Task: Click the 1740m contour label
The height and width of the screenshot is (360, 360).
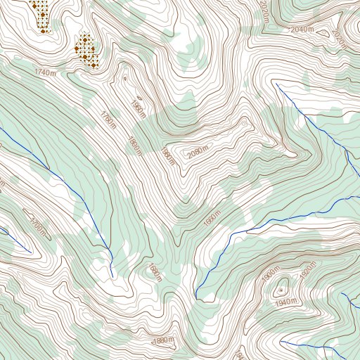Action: pyautogui.click(x=44, y=72)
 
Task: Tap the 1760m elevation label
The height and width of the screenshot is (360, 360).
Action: pyautogui.click(x=108, y=120)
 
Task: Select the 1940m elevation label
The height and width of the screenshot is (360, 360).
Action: pyautogui.click(x=287, y=302)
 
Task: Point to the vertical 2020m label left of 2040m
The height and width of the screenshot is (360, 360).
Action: pyautogui.click(x=264, y=13)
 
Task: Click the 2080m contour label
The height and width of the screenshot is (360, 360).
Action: pyautogui.click(x=199, y=152)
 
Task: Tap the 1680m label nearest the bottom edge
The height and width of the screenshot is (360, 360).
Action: pyautogui.click(x=163, y=341)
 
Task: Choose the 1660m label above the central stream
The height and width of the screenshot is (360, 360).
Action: pyautogui.click(x=212, y=219)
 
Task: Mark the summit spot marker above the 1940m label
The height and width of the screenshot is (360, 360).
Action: pyautogui.click(x=282, y=290)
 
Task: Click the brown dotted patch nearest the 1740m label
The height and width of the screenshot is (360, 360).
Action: pyautogui.click(x=85, y=51)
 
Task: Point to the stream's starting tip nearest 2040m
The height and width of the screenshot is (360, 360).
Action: pyautogui.click(x=277, y=84)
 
